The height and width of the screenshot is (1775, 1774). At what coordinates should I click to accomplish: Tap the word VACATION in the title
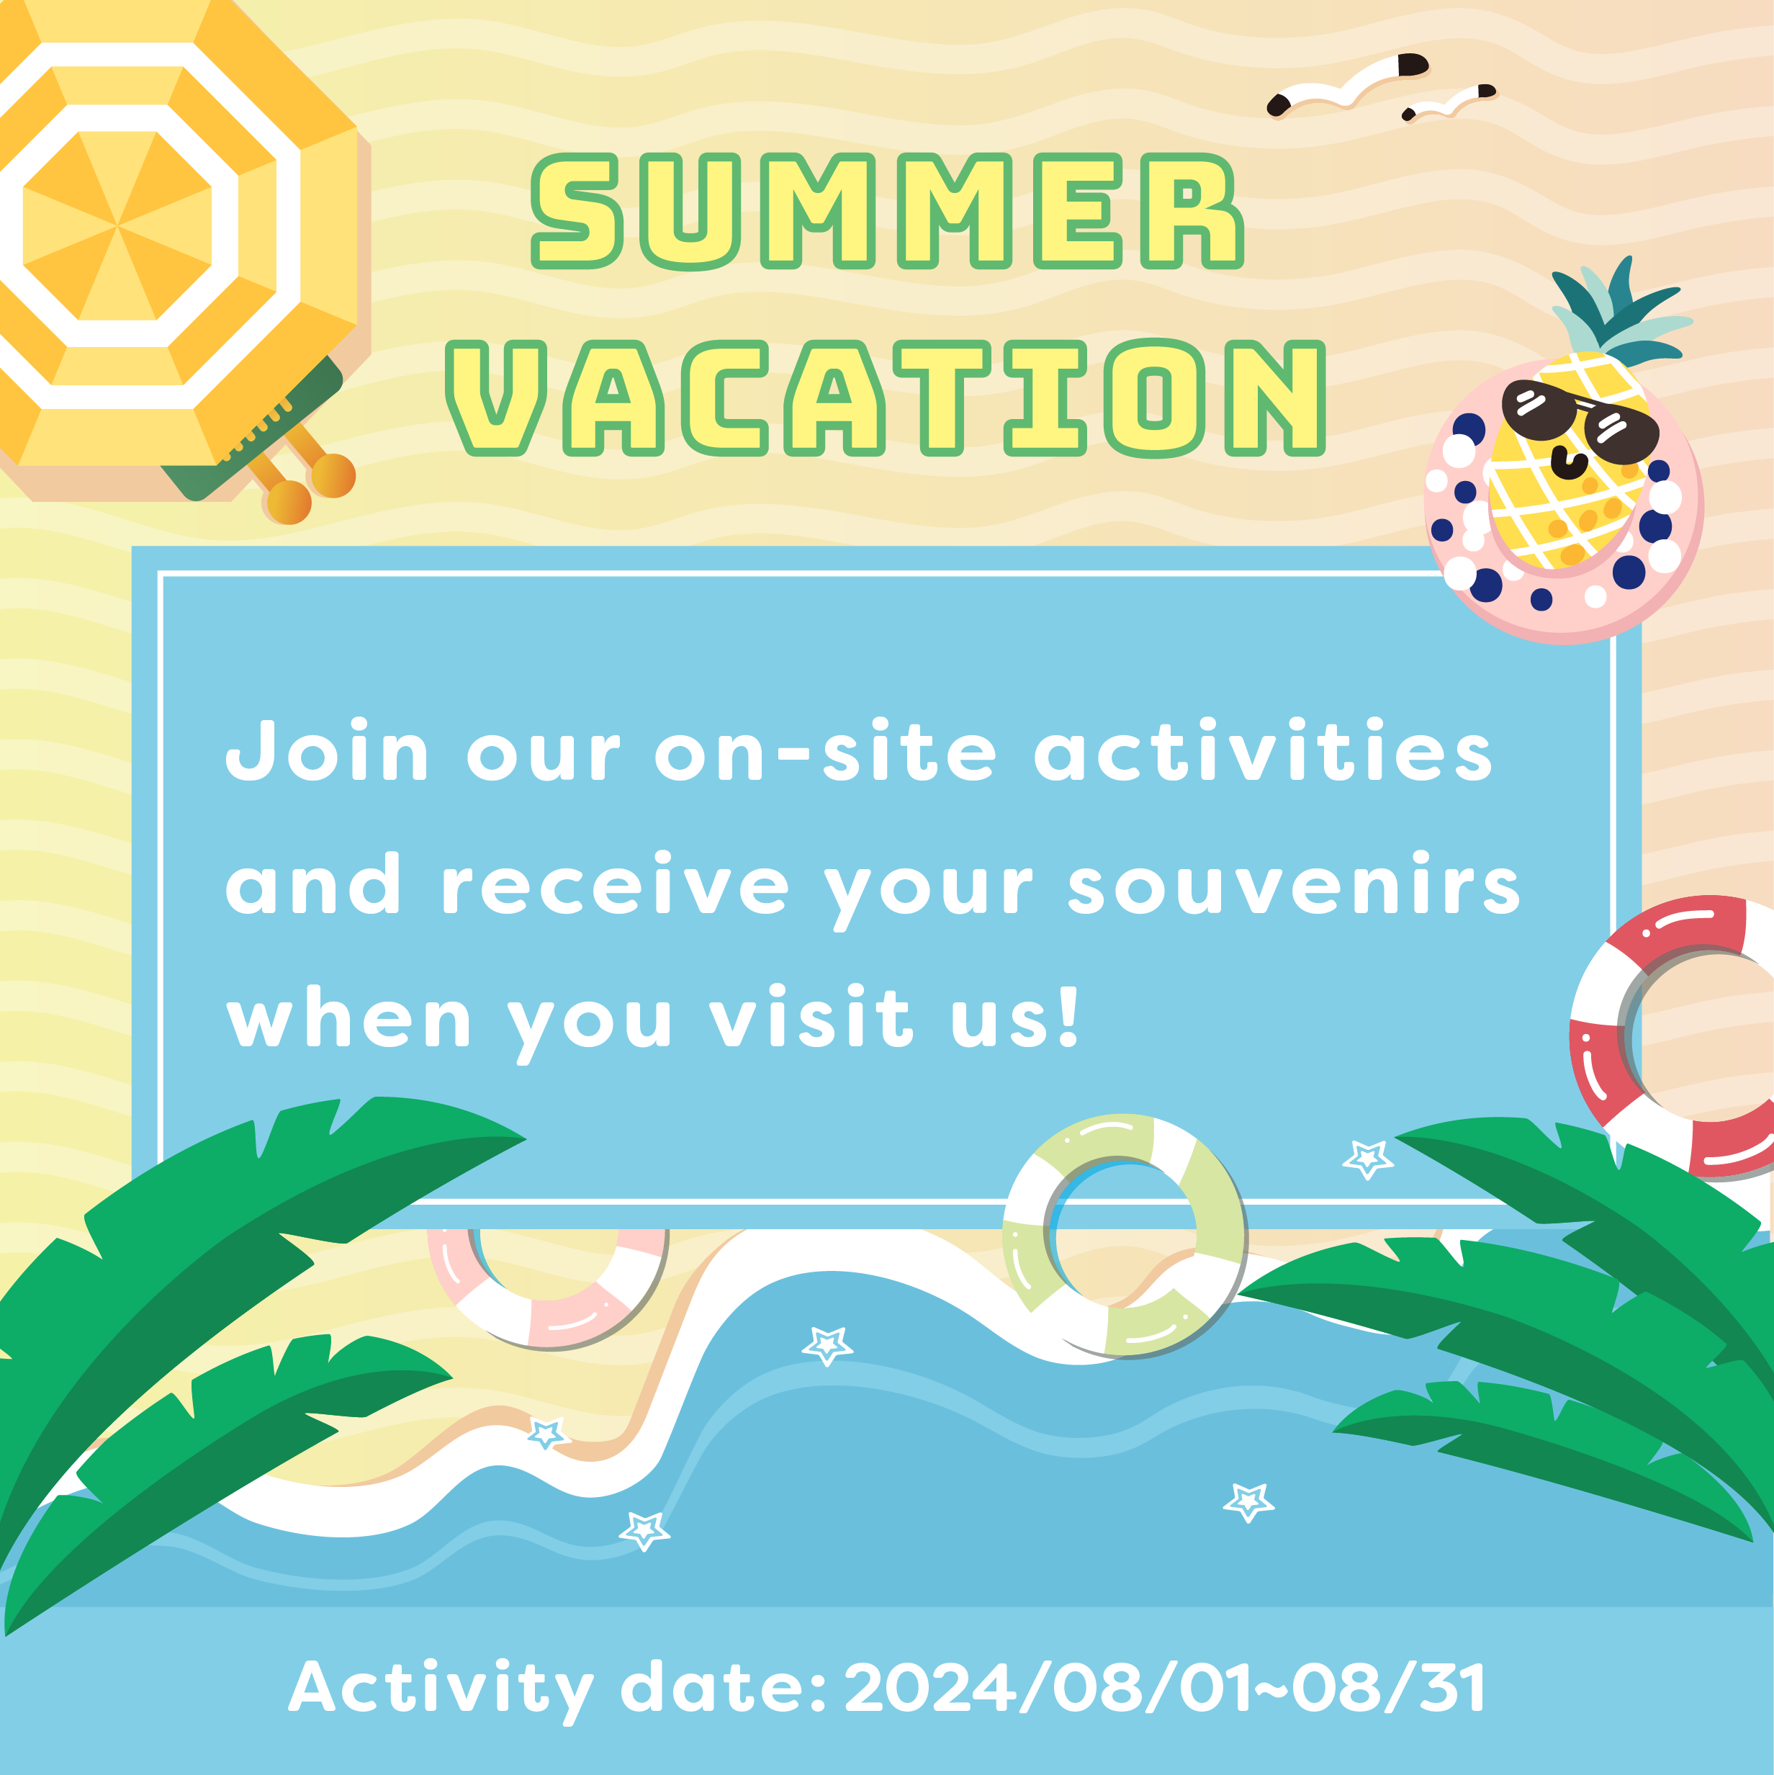886,397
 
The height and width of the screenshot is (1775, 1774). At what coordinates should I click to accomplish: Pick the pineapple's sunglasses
1580,420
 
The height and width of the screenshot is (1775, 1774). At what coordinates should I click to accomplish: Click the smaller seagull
1448,103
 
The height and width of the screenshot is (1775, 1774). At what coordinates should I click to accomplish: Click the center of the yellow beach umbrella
117,225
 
